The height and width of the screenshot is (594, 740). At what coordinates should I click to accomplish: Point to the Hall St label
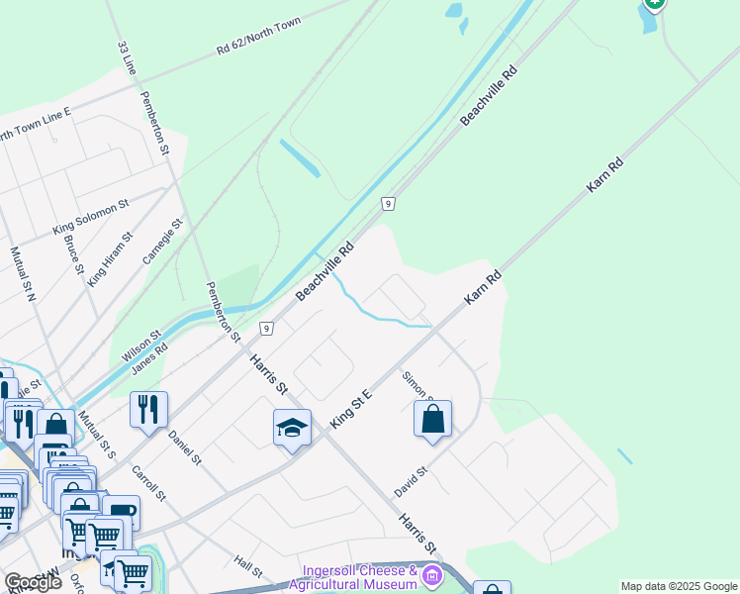click(x=248, y=566)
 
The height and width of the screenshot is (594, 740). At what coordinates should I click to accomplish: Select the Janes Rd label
click(x=148, y=359)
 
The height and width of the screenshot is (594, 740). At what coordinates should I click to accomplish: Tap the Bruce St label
click(x=72, y=254)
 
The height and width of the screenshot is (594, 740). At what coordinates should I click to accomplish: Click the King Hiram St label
click(x=110, y=259)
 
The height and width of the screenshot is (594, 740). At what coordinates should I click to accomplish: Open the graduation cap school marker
click(x=292, y=428)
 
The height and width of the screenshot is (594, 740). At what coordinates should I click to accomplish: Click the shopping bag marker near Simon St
click(x=432, y=419)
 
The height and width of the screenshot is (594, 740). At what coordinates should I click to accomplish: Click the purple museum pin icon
click(x=431, y=575)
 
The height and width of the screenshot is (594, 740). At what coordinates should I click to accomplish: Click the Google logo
click(x=33, y=583)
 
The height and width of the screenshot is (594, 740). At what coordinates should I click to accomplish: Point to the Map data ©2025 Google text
click(x=680, y=586)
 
